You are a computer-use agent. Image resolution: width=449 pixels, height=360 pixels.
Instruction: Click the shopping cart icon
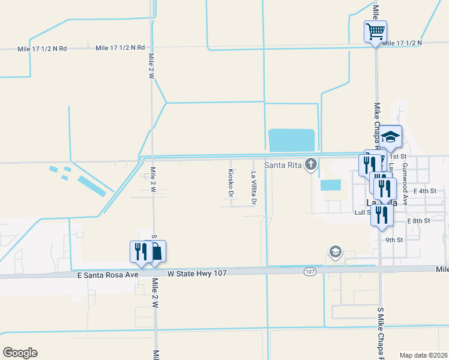click(x=375, y=31)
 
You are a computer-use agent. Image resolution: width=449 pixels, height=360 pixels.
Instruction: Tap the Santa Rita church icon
click(x=311, y=163)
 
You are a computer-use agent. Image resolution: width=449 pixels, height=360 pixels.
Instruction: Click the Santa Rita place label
click(x=283, y=164)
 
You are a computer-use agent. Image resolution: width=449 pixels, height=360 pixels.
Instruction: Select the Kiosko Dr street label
click(x=231, y=183)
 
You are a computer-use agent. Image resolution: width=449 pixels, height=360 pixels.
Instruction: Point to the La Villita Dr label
click(x=253, y=188)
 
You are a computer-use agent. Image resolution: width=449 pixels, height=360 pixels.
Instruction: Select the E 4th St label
click(x=431, y=191)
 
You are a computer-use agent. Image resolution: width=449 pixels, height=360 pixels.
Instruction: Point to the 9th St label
click(x=393, y=239)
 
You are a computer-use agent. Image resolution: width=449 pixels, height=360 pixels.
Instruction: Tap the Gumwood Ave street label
click(x=405, y=184)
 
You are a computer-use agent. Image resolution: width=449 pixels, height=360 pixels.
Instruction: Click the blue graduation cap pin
click(x=390, y=136)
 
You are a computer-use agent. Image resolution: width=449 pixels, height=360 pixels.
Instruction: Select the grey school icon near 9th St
click(x=336, y=251)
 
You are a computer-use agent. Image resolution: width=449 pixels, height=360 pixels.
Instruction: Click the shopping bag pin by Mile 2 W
click(x=155, y=251)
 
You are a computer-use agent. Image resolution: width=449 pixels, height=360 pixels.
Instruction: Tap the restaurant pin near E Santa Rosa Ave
click(x=139, y=251)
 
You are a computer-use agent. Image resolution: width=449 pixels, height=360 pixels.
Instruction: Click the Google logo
click(x=20, y=353)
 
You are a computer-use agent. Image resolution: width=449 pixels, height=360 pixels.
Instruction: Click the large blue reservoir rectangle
click(x=292, y=140)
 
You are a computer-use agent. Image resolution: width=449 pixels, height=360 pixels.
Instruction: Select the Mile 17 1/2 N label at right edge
click(x=402, y=43)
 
